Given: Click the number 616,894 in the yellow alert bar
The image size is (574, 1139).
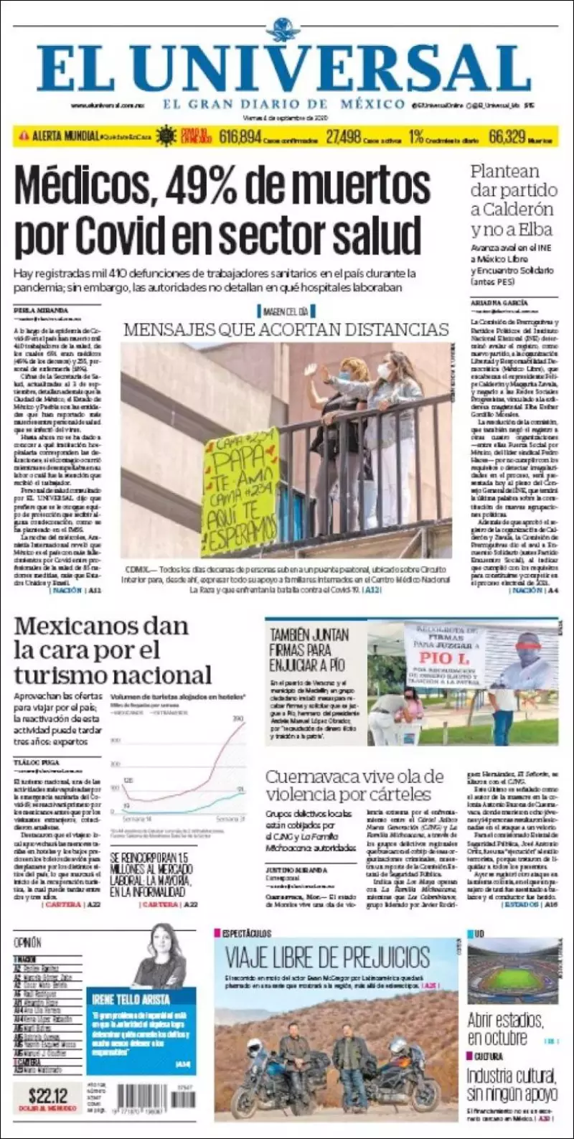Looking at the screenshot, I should pos(240,136).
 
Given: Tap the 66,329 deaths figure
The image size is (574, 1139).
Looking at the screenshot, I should pos(507,136).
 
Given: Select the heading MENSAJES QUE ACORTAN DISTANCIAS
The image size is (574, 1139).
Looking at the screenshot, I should pos(286,329).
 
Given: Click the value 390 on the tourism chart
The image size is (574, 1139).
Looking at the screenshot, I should pos(237,718).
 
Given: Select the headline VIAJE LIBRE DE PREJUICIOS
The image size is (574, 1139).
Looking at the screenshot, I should pos(328,957).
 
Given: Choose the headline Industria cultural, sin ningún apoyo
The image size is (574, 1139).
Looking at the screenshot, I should pos(512,1084).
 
